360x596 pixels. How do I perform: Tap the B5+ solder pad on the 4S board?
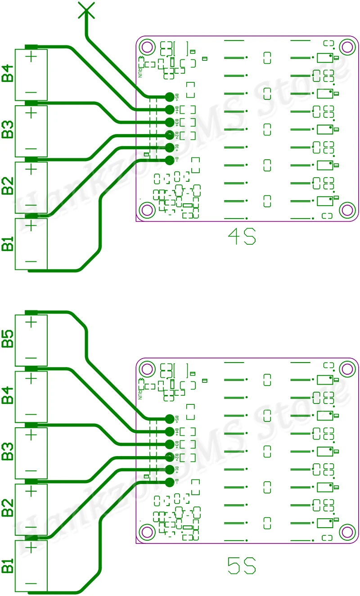coord(169,96)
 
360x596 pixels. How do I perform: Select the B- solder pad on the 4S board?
coord(169,160)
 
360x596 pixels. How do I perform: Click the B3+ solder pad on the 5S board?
coord(169,444)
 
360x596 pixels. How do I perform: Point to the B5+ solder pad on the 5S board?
coord(169,419)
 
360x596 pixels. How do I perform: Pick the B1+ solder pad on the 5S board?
coord(169,470)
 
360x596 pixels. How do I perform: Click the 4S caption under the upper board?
coord(242,237)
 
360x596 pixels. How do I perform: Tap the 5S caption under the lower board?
coord(242,565)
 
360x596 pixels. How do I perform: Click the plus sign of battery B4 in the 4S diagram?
coord(31,57)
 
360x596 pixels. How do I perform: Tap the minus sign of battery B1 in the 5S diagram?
coord(31,583)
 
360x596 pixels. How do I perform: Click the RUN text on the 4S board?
coord(140,71)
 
